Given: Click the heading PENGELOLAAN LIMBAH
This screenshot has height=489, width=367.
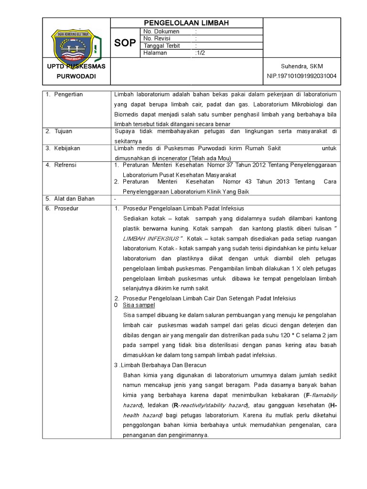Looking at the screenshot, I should (x=187, y=23).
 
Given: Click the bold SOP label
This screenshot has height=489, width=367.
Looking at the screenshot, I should (x=125, y=43).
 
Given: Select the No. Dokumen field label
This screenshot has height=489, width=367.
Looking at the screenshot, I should (x=161, y=32).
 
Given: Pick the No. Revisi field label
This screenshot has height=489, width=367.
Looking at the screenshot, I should (x=157, y=39).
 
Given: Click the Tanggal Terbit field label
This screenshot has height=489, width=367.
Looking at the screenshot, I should (x=162, y=46).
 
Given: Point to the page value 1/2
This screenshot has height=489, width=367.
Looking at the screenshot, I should (x=200, y=53).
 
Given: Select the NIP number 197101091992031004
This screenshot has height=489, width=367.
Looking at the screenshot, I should (x=302, y=76).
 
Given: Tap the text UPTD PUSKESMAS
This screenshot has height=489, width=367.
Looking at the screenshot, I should (x=76, y=66).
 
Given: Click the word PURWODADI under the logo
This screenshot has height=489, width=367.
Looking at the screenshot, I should (x=76, y=76).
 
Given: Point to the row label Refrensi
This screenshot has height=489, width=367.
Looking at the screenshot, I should (x=65, y=165).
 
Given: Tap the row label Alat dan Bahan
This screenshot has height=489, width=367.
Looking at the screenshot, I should (x=74, y=199).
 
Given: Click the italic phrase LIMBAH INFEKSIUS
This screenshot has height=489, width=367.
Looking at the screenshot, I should (x=153, y=238).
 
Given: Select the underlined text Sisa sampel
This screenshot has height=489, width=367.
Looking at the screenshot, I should (x=139, y=305).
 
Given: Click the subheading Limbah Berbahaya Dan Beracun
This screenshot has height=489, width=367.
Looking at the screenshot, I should (x=159, y=365).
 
